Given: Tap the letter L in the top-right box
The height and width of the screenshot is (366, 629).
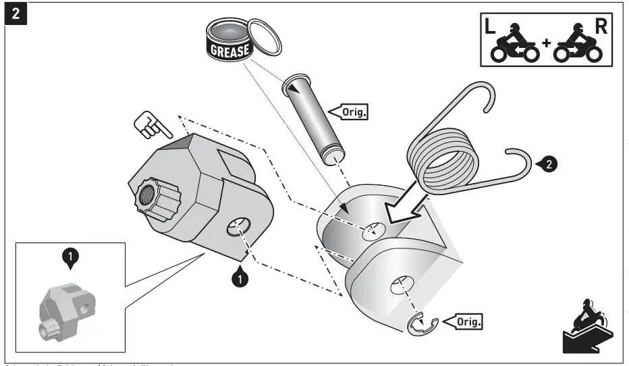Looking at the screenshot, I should tap(489, 28).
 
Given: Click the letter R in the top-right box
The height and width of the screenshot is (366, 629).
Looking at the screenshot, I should tap(598, 28).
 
